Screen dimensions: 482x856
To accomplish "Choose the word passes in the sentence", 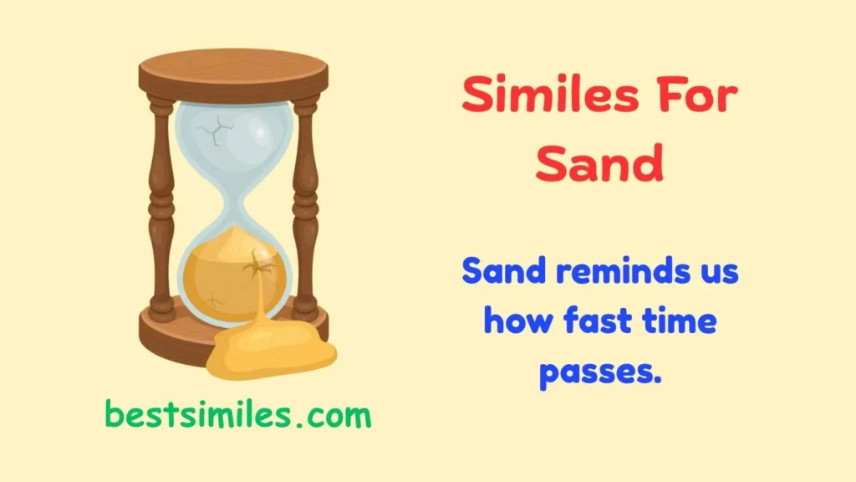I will (x=599, y=369).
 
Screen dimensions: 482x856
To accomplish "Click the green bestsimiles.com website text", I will (x=238, y=413).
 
